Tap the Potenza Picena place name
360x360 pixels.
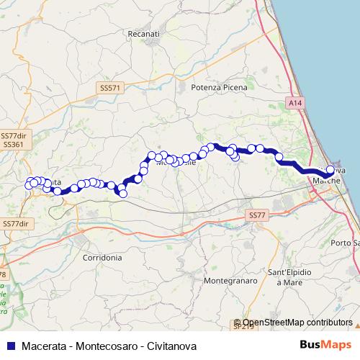[220, 87]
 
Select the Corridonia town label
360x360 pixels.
[102, 257]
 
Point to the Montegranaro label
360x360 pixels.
[231, 280]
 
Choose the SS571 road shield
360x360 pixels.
[112, 87]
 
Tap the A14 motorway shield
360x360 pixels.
[295, 104]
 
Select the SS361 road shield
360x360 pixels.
[13, 145]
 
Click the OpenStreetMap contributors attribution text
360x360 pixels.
[297, 323]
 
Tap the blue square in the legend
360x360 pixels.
[10, 346]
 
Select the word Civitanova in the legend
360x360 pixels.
[171, 346]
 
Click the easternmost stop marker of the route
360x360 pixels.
[330, 171]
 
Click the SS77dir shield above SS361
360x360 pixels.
[13, 135]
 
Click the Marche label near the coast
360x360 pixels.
[325, 181]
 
